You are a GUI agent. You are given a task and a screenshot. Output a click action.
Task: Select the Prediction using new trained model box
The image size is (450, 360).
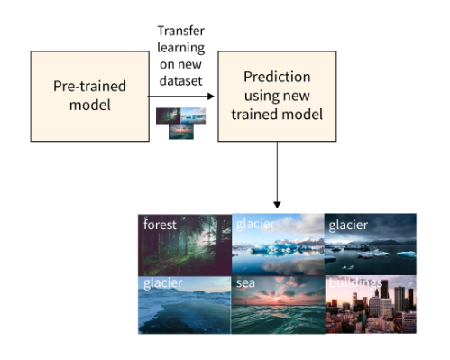[x=277, y=97]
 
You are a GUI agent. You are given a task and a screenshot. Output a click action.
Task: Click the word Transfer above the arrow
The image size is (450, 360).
[x=181, y=32]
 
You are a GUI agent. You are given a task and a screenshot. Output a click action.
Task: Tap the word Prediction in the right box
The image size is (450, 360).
[x=277, y=78]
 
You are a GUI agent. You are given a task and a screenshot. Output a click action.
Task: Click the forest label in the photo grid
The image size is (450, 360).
[x=161, y=225]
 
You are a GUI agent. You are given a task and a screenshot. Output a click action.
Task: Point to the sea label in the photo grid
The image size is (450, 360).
[x=247, y=283]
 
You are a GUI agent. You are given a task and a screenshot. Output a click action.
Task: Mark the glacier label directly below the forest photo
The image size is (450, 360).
[x=163, y=283]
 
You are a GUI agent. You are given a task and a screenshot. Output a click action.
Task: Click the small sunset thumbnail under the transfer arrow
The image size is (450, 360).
[x=181, y=131]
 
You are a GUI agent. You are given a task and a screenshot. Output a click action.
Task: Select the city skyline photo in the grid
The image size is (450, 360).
[x=371, y=307]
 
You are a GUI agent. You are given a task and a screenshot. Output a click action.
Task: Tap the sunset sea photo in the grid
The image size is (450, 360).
[x=277, y=307]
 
